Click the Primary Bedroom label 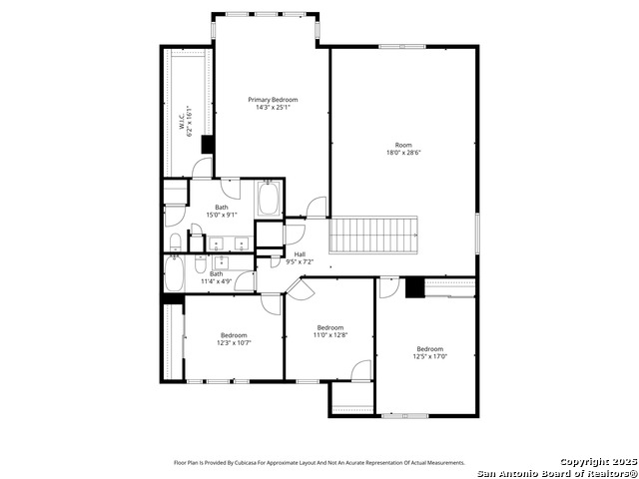[x=273, y=100]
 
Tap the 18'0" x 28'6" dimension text [x=403, y=153]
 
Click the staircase [x=373, y=236]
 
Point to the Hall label [x=300, y=254]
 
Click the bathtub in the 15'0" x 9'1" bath [x=269, y=198]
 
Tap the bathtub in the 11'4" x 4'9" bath [x=174, y=272]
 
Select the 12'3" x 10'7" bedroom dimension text [x=234, y=343]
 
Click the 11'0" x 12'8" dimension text [x=330, y=335]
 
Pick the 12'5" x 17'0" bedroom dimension [x=430, y=356]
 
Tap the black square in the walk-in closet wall [x=208, y=145]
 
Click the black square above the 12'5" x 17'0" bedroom [x=415, y=287]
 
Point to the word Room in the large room [x=403, y=145]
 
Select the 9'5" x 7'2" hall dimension [x=300, y=261]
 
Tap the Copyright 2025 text [x=598, y=462]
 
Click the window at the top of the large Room [x=402, y=47]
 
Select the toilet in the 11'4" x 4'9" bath [x=201, y=264]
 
